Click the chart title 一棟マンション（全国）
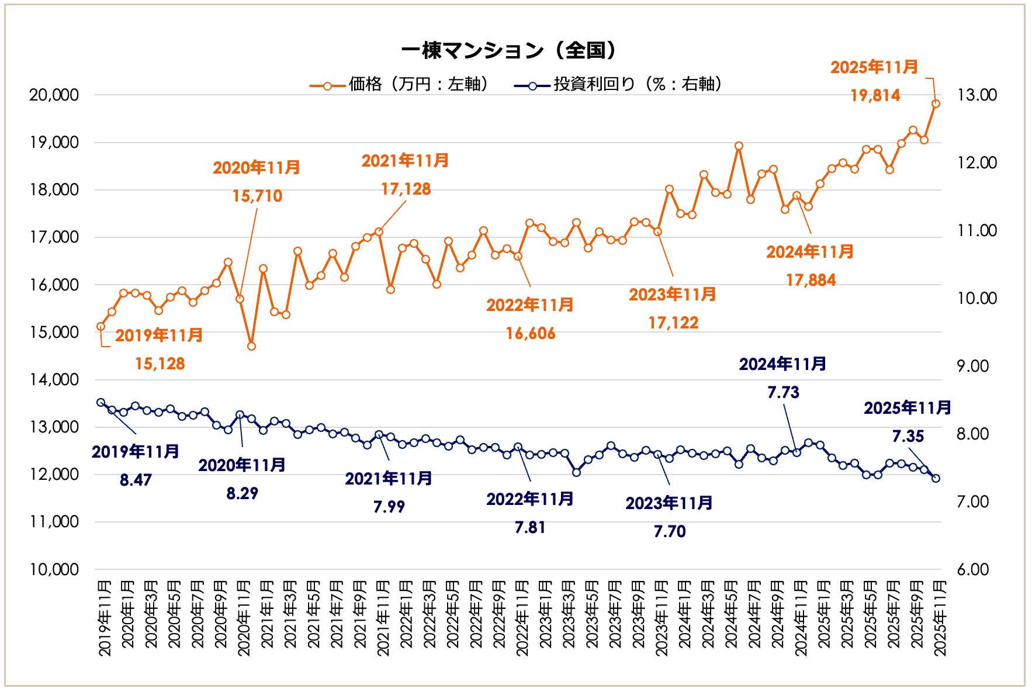pyautogui.click(x=508, y=51)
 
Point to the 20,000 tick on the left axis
pyautogui.click(x=54, y=95)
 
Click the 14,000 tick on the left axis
pyautogui.click(x=54, y=380)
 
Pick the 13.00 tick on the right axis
pyautogui.click(x=976, y=95)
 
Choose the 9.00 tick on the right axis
pyautogui.click(x=972, y=366)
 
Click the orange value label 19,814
pyautogui.click(x=875, y=96)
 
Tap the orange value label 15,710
pyautogui.click(x=257, y=196)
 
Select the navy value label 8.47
pyautogui.click(x=136, y=480)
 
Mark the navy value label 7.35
pyautogui.click(x=908, y=437)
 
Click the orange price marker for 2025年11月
pyautogui.click(x=936, y=104)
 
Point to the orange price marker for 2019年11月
pyautogui.click(x=101, y=327)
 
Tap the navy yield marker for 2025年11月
pyautogui.click(x=936, y=478)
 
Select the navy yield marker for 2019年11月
pyautogui.click(x=101, y=402)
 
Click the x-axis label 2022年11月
pyautogui.click(x=521, y=618)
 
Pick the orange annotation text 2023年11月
pyautogui.click(x=672, y=295)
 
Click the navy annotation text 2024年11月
pyautogui.click(x=782, y=364)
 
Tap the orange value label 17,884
pyautogui.click(x=811, y=281)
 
